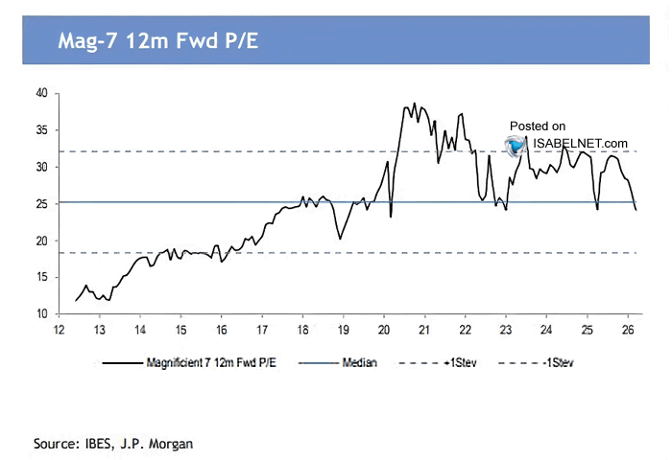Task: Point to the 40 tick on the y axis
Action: [41, 93]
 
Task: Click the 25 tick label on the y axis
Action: [41, 203]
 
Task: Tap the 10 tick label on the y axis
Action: [41, 314]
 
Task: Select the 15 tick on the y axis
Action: [41, 277]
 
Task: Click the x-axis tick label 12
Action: [60, 330]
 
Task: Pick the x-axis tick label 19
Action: [343, 330]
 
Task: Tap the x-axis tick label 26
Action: [627, 330]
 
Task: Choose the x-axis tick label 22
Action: [465, 330]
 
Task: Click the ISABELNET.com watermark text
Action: [582, 144]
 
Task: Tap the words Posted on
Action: [537, 126]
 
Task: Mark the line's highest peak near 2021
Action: [415, 103]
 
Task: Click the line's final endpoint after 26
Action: [636, 209]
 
